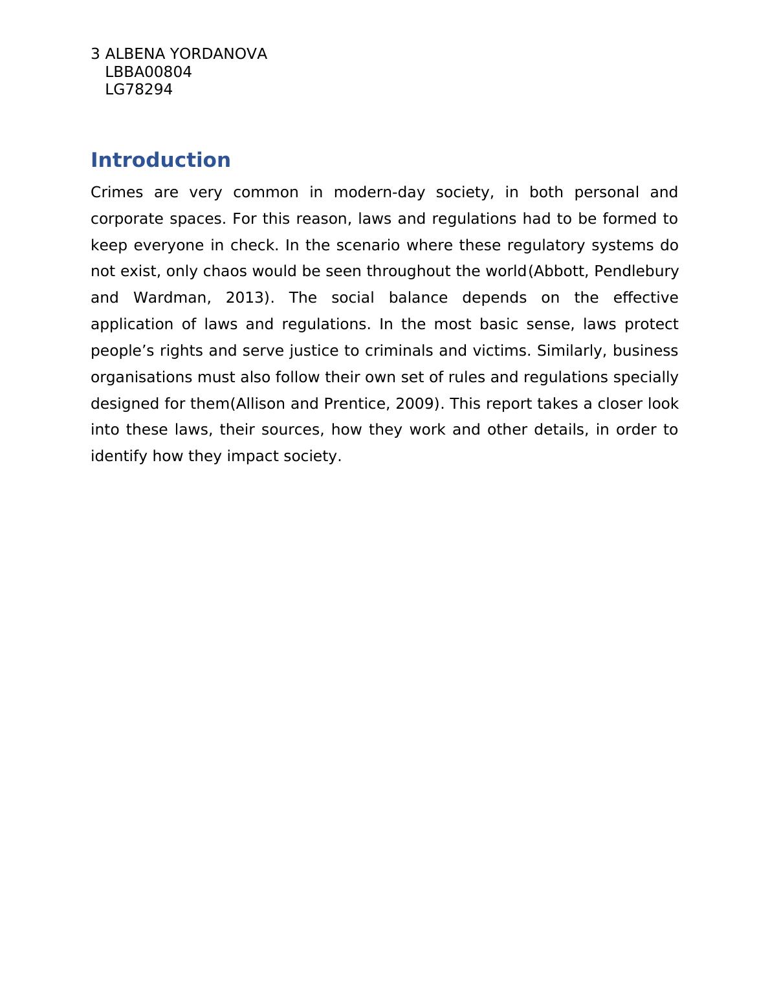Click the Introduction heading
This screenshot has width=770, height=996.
tap(160, 160)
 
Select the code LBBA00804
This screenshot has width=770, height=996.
tap(148, 72)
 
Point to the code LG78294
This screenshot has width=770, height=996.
tap(138, 89)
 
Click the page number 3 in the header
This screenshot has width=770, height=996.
tap(95, 54)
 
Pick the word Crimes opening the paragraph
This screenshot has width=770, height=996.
tap(116, 192)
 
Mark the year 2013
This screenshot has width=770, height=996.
tap(245, 298)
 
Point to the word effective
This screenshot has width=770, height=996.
tap(646, 298)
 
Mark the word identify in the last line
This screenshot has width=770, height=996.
tap(119, 456)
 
